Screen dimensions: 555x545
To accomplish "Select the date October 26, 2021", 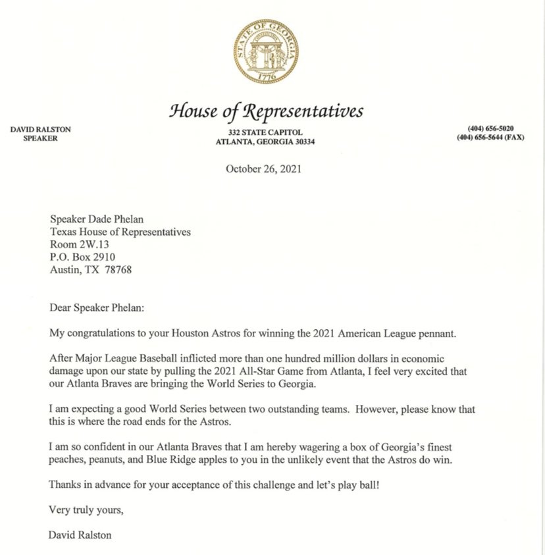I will (264, 169).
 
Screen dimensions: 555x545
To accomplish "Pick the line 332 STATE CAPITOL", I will (262, 132).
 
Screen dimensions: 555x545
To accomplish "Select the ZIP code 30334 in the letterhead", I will (302, 142).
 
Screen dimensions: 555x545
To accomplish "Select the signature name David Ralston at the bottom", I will (80, 535).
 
